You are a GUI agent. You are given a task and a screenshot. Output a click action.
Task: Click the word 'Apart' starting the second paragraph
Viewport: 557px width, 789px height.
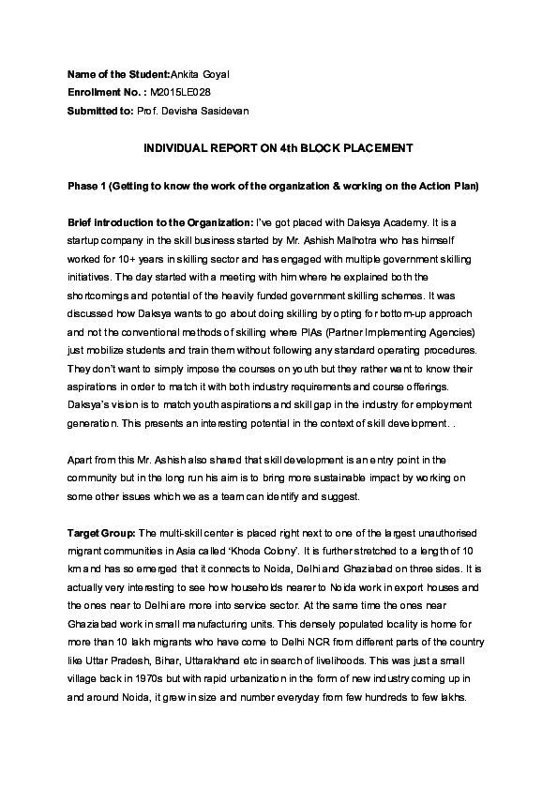83,461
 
